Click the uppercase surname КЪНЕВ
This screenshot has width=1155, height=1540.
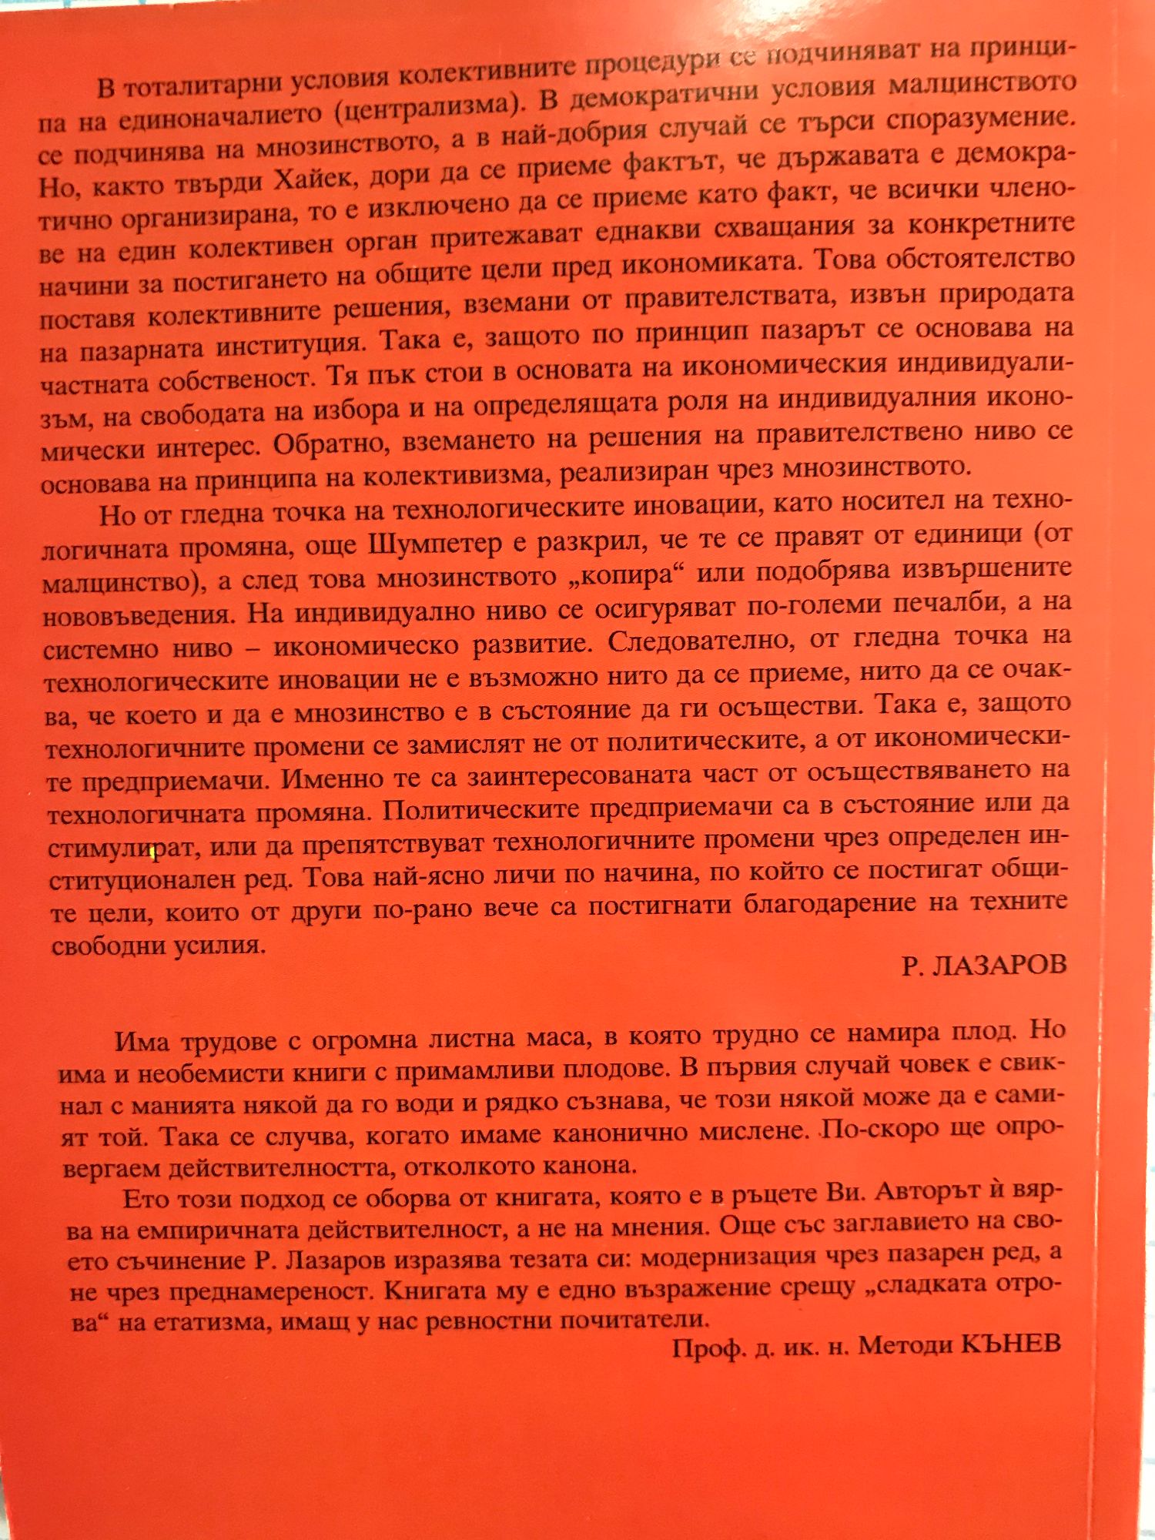tap(1012, 1344)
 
